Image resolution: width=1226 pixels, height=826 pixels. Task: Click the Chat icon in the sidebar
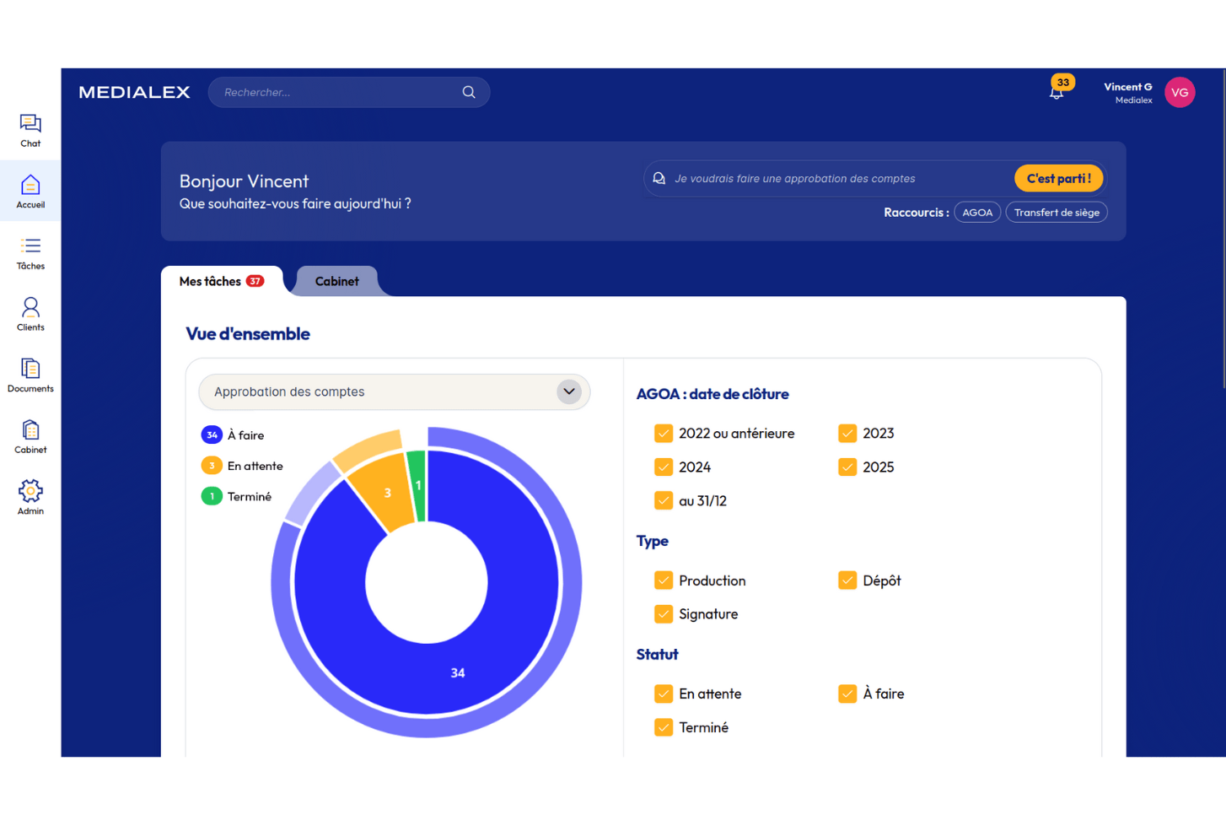click(x=30, y=124)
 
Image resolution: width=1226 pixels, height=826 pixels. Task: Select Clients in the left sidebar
click(x=30, y=313)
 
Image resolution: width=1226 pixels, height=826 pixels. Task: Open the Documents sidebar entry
click(x=30, y=375)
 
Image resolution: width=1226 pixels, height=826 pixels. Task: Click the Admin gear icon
click(x=30, y=491)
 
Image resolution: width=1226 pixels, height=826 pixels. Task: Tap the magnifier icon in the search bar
click(x=469, y=92)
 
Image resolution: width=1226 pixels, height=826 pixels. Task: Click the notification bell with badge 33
click(x=1057, y=91)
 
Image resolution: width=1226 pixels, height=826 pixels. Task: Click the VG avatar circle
click(x=1180, y=93)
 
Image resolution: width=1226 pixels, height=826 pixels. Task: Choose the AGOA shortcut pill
click(x=977, y=213)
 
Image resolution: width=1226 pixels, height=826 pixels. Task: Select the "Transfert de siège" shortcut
click(x=1057, y=213)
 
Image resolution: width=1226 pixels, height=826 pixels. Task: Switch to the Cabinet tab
click(x=336, y=282)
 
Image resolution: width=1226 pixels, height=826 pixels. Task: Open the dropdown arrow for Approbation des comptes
click(x=569, y=391)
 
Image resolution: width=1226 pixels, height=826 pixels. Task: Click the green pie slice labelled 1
click(x=417, y=486)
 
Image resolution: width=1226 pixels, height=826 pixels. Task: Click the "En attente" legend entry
click(x=255, y=466)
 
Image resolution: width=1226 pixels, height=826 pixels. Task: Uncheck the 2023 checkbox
click(x=847, y=434)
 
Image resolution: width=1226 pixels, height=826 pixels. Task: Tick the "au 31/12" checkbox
click(x=664, y=501)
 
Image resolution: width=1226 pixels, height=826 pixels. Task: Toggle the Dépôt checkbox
click(x=847, y=580)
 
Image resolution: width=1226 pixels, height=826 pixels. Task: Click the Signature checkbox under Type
click(x=664, y=614)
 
